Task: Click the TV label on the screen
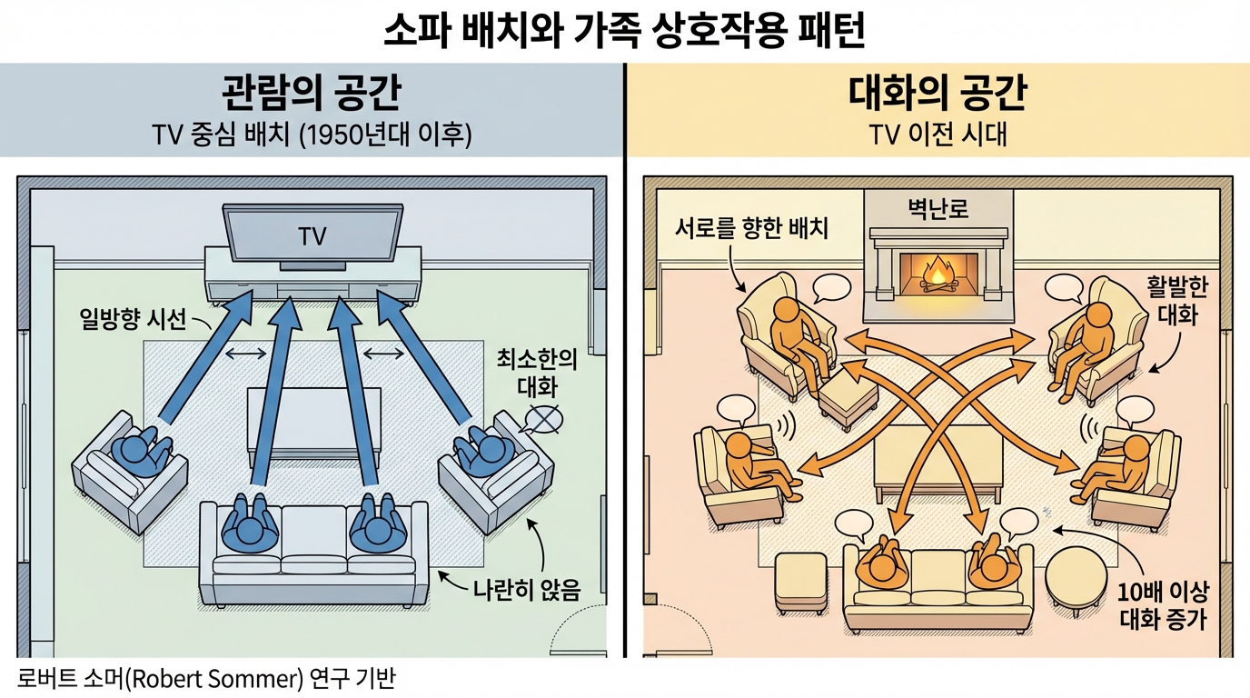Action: (312, 237)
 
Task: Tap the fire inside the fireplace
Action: (937, 273)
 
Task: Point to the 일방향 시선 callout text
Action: (133, 319)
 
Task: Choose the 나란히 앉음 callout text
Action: (526, 588)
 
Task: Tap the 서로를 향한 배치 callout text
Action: (751, 227)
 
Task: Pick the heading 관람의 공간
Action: (312, 95)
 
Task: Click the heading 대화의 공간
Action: (937, 95)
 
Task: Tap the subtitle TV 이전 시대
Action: (937, 135)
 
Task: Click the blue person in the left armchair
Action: (138, 452)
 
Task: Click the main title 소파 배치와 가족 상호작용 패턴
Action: (624, 31)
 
